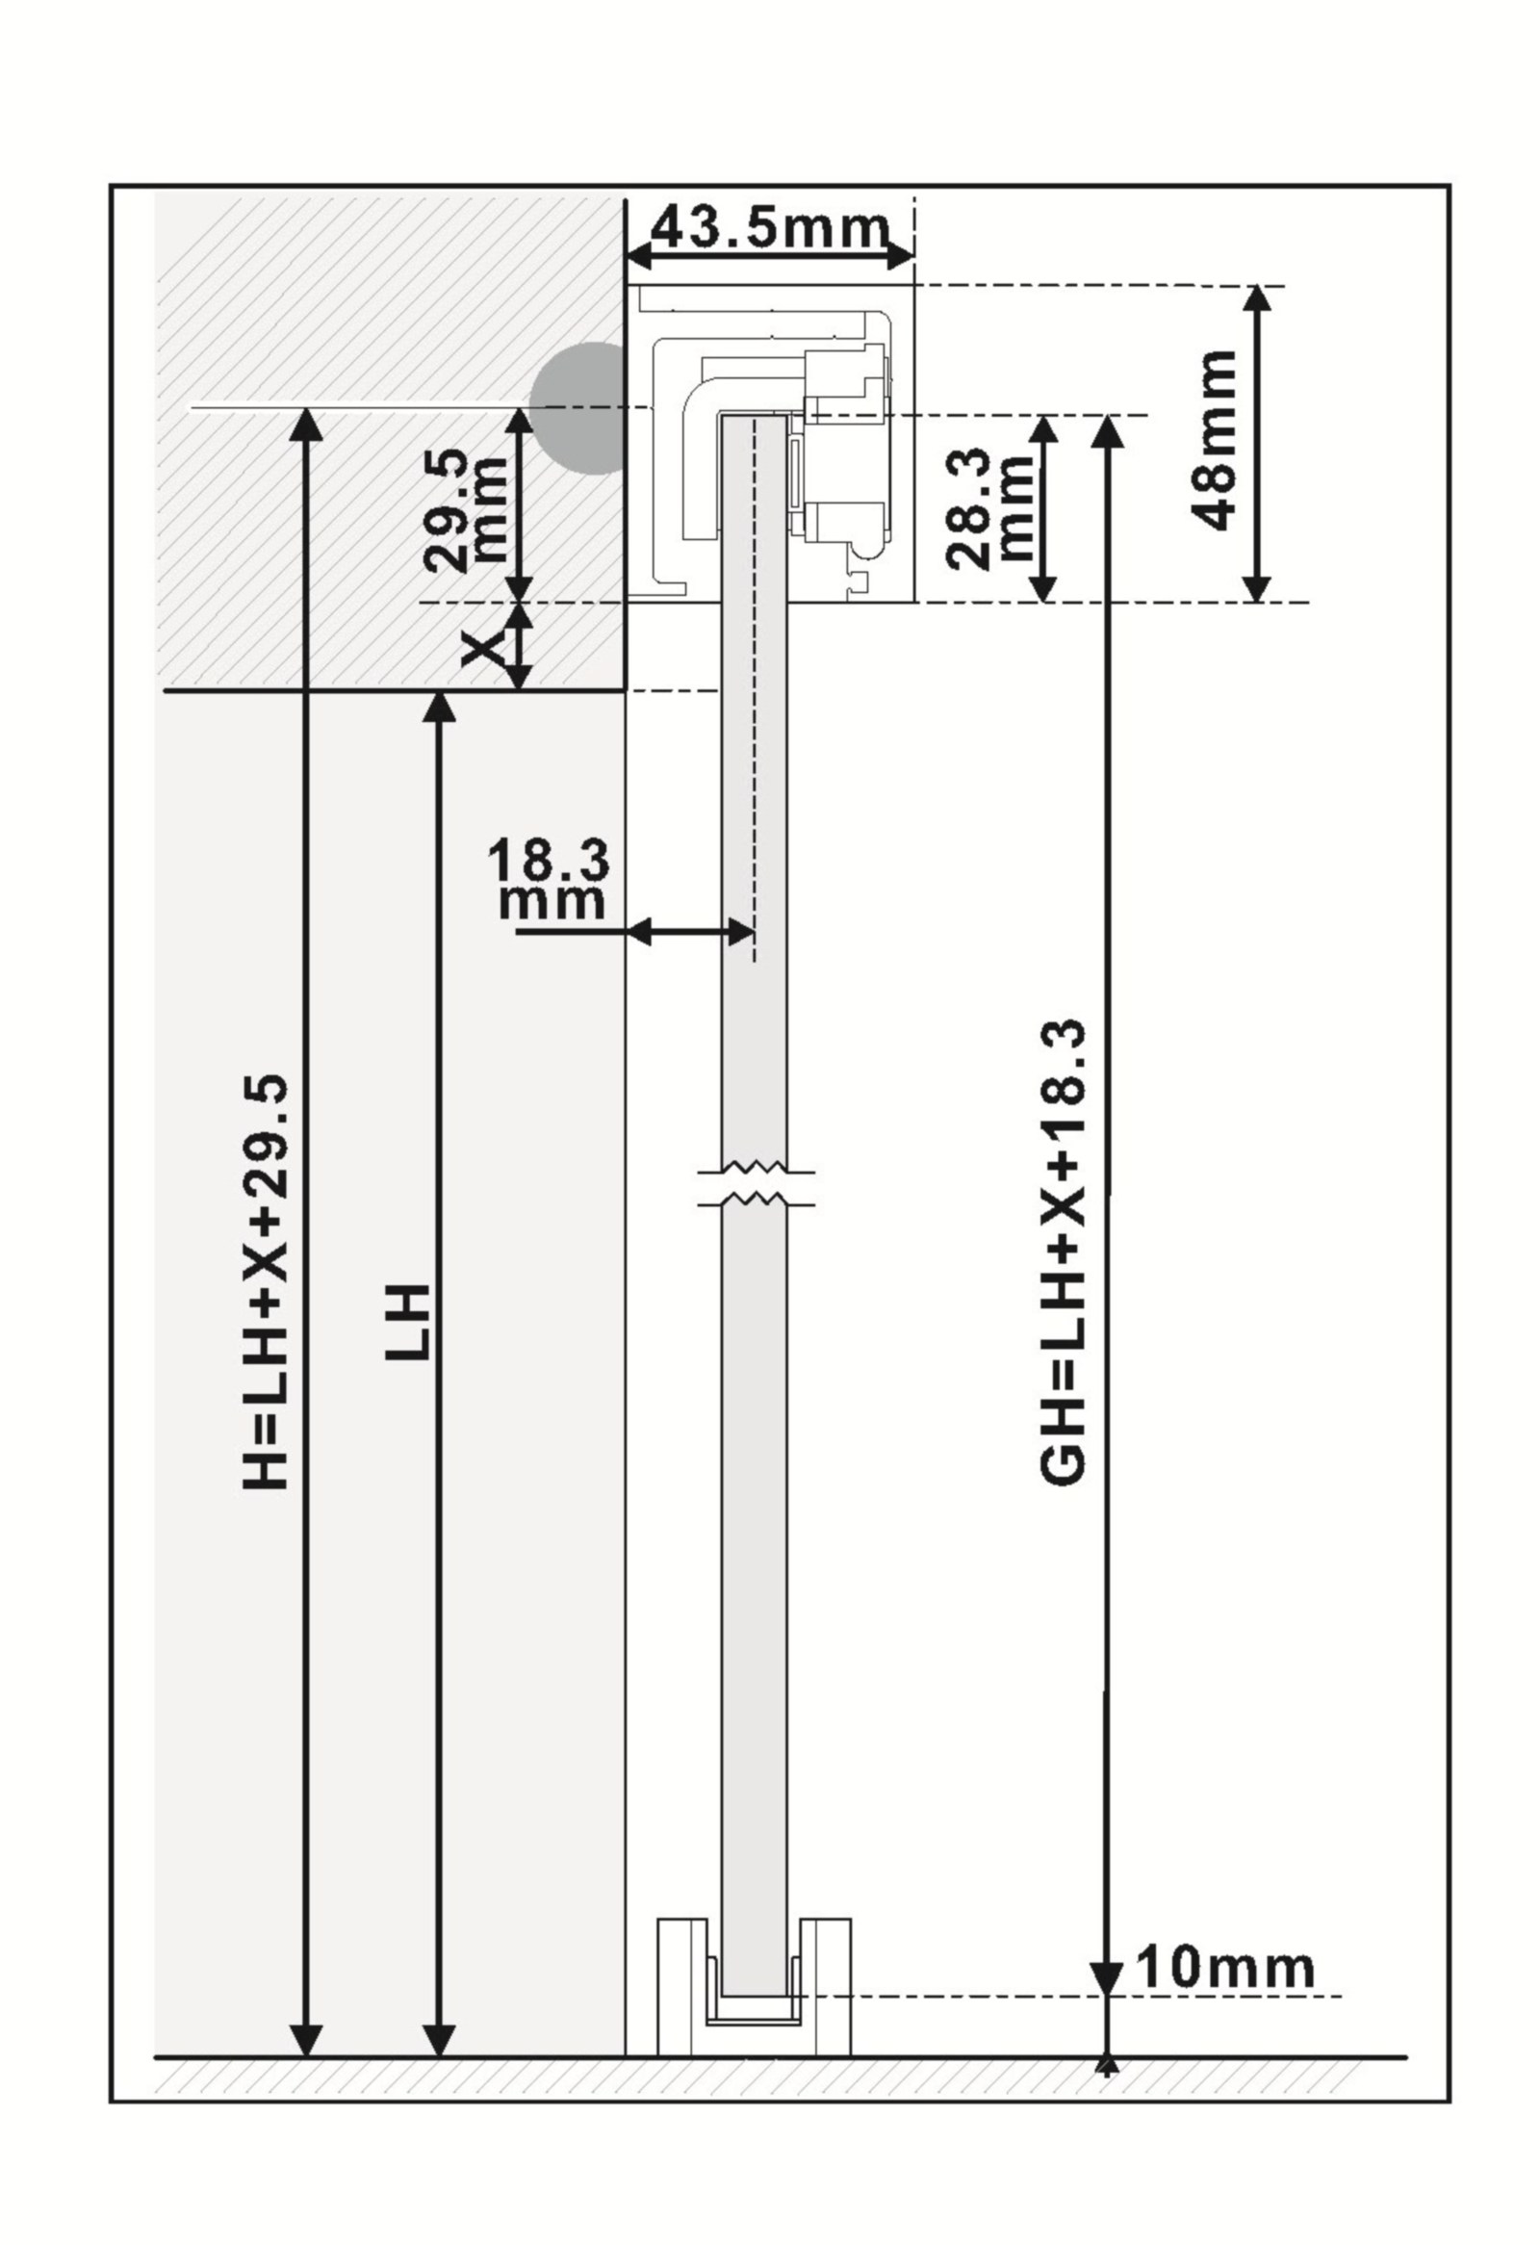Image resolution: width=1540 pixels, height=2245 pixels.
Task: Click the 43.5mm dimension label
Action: tap(769, 228)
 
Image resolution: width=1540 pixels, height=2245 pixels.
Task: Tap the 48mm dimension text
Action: tap(1214, 440)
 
